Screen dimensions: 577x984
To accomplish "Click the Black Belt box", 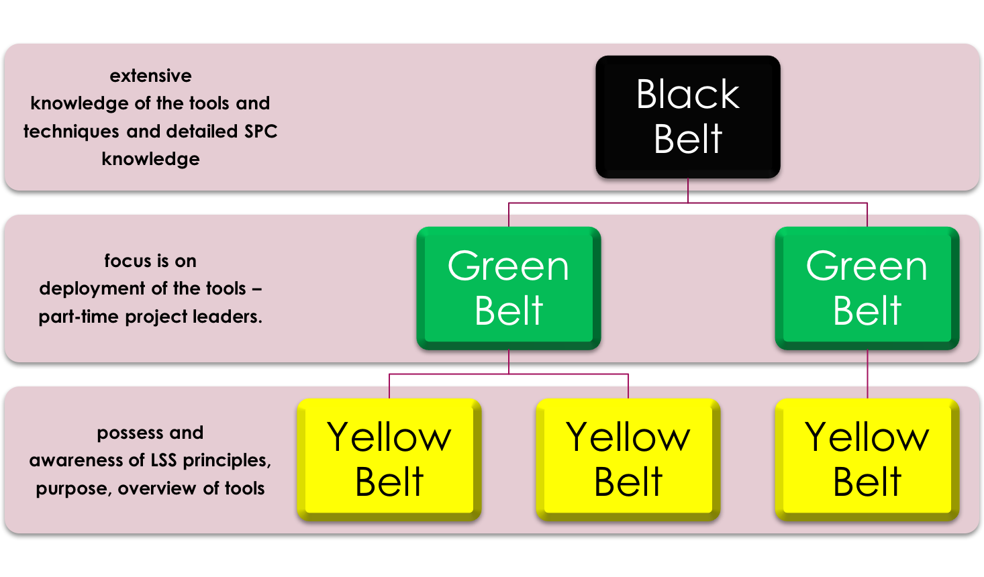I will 688,117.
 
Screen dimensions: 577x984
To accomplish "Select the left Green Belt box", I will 509,288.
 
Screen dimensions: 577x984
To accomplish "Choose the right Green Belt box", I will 867,288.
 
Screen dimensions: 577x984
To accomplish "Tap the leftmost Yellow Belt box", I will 389,460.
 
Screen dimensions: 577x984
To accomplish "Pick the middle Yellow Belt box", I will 628,460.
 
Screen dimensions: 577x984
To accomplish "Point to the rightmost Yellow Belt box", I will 867,460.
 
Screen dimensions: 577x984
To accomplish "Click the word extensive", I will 150,76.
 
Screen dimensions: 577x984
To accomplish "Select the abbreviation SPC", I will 261,132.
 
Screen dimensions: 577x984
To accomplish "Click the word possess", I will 126,433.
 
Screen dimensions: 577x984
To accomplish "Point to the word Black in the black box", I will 687,95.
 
